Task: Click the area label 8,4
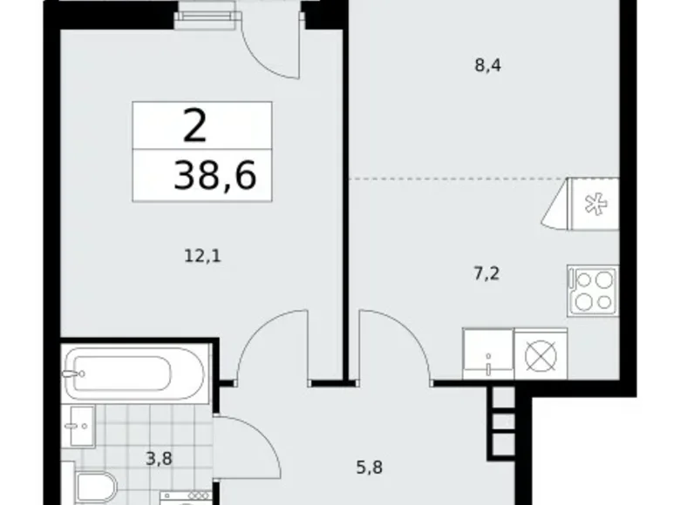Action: pyautogui.click(x=488, y=66)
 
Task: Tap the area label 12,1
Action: pyautogui.click(x=203, y=256)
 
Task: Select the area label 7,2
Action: pyautogui.click(x=486, y=273)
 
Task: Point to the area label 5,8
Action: pyautogui.click(x=369, y=468)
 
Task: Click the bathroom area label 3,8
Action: pyautogui.click(x=159, y=458)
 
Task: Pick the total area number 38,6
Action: pyautogui.click(x=215, y=175)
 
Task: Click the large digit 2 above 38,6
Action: pyautogui.click(x=194, y=125)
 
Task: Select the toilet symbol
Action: pyautogui.click(x=96, y=488)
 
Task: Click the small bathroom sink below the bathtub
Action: pyautogui.click(x=78, y=427)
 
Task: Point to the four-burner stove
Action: pyautogui.click(x=593, y=291)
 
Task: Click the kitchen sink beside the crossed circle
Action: pyautogui.click(x=488, y=353)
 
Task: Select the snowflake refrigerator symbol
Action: pyautogui.click(x=595, y=205)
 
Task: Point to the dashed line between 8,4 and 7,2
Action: pyautogui.click(x=458, y=178)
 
